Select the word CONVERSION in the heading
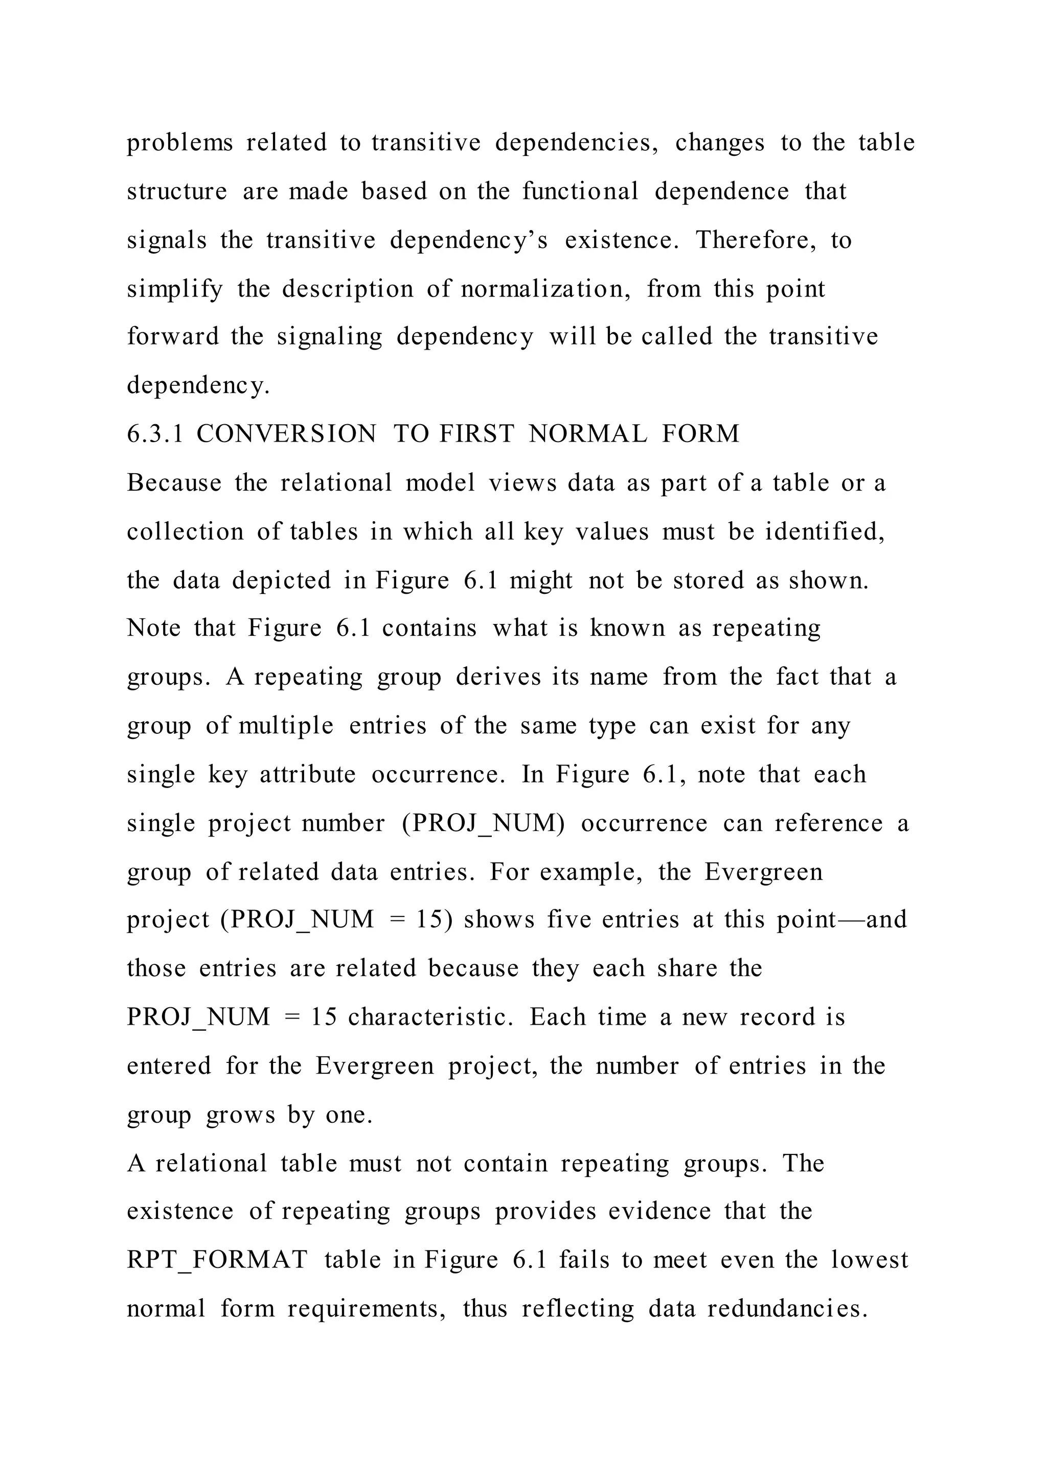(x=286, y=434)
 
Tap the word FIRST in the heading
(x=476, y=434)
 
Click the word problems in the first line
(x=179, y=143)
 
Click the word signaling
(x=329, y=337)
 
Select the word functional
(x=580, y=192)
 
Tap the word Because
(x=174, y=483)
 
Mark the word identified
(x=825, y=532)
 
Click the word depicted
(x=281, y=580)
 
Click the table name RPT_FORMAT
(x=217, y=1260)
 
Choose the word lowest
(x=869, y=1260)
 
